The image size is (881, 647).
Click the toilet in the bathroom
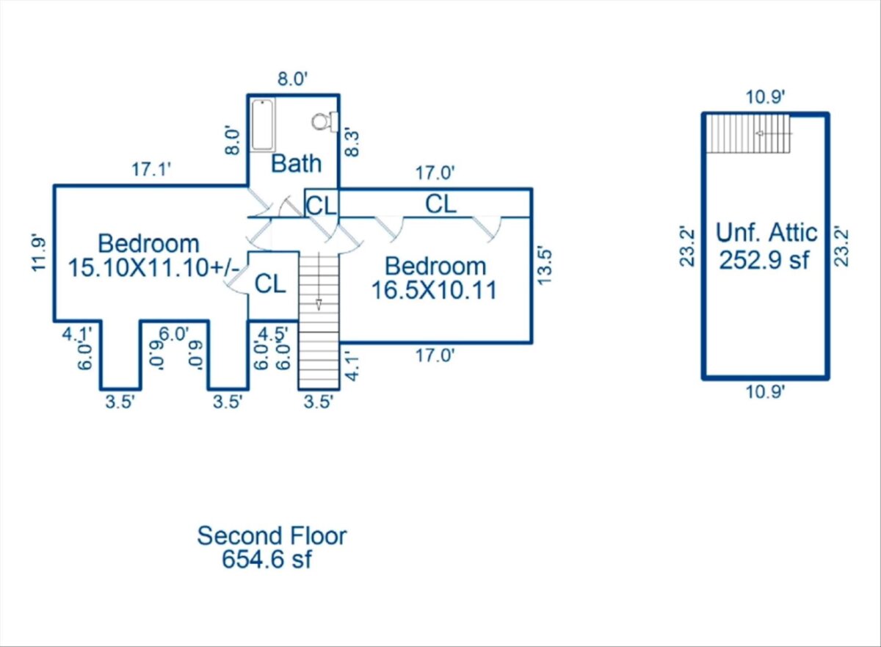(325, 121)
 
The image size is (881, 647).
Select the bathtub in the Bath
(263, 125)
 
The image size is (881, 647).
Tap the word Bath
(296, 164)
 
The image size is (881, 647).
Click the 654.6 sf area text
(267, 559)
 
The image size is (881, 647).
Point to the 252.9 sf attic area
(764, 260)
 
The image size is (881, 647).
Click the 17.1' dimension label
(151, 170)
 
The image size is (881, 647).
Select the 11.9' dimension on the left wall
(39, 253)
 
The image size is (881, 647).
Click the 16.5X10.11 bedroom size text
(434, 291)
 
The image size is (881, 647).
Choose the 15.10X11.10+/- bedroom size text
(153, 268)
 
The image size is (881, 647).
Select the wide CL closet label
(440, 204)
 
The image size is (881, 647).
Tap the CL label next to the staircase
(270, 284)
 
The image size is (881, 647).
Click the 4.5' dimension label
(273, 333)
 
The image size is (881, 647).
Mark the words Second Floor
(272, 535)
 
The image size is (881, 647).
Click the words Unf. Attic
(766, 233)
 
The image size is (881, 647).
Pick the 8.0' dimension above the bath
(292, 79)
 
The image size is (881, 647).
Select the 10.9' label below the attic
(765, 392)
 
